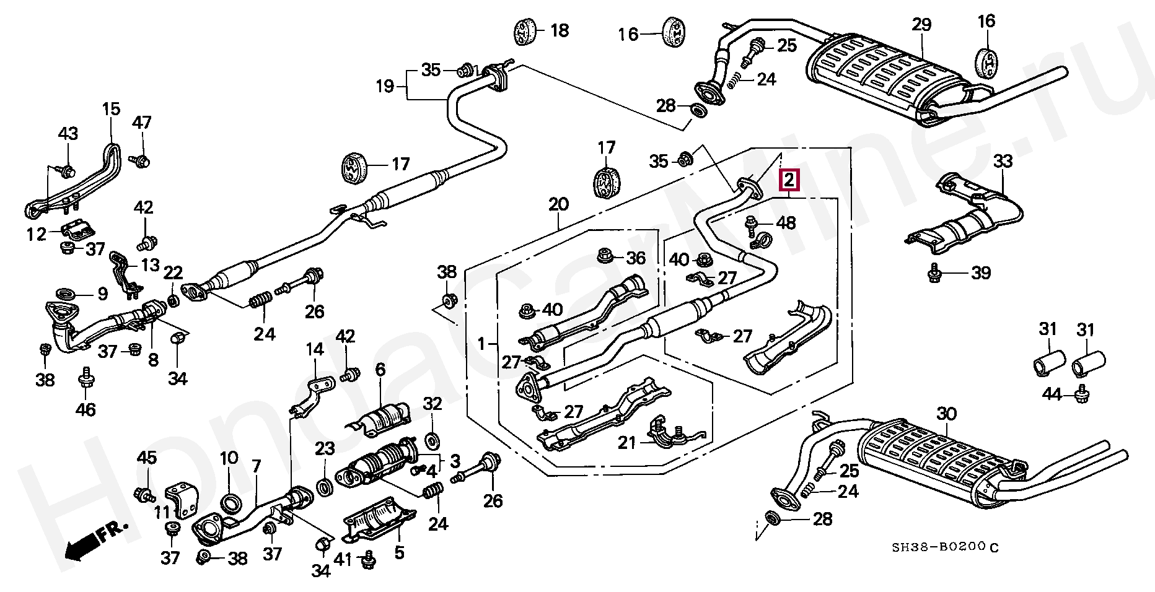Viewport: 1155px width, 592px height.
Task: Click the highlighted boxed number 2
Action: point(789,180)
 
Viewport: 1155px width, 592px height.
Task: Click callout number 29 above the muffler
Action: point(921,25)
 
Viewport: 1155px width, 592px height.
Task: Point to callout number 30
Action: point(946,413)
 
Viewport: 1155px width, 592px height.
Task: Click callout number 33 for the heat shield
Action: point(1003,162)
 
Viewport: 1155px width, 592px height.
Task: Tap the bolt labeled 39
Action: point(934,272)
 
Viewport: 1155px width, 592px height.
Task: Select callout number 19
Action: point(385,85)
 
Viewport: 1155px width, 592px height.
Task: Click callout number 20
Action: point(558,204)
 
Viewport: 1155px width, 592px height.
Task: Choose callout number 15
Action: point(111,110)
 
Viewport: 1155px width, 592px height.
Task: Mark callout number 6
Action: point(380,370)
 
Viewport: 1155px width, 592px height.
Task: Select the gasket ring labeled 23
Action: point(325,487)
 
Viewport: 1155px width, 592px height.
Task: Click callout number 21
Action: point(626,442)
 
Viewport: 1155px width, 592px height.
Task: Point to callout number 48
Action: point(786,222)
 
